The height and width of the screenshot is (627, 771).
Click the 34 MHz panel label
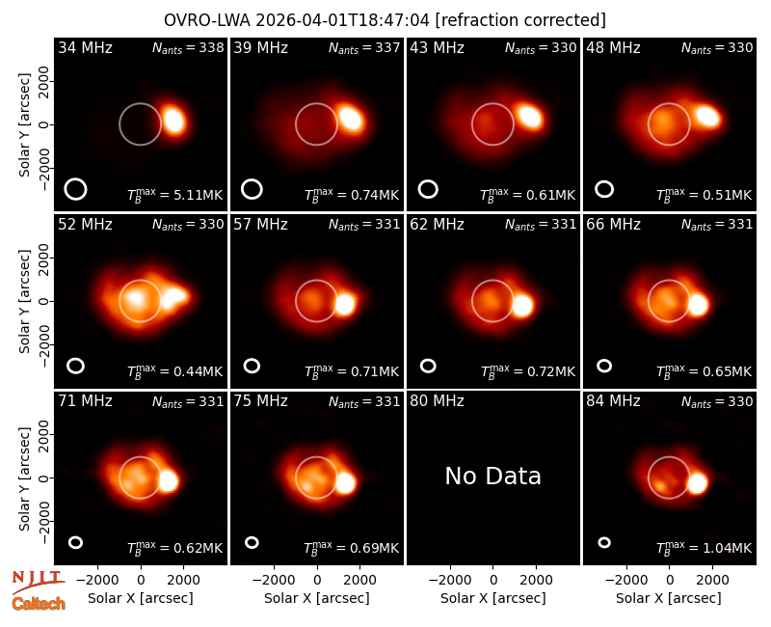click(85, 47)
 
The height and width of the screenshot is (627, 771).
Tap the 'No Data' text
click(492, 476)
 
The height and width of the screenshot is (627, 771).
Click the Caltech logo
click(39, 604)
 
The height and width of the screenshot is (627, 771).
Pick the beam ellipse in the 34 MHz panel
click(75, 189)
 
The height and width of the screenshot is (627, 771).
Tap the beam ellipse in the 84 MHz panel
click(604, 542)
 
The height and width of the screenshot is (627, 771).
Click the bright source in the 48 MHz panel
click(707, 116)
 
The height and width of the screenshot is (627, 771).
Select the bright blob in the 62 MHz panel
click(521, 305)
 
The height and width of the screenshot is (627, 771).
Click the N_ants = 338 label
click(188, 47)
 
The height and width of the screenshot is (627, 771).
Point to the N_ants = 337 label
click(364, 47)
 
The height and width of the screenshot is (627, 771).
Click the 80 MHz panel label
click(437, 401)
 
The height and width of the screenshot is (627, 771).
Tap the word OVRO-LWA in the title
click(207, 20)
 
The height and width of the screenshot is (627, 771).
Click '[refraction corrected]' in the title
click(520, 20)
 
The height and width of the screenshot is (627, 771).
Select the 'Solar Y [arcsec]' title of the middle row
click(24, 301)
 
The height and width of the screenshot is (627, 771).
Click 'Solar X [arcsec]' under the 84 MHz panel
click(669, 598)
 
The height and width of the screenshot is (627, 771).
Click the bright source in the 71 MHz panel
click(168, 480)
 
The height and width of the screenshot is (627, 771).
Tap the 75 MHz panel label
click(260, 401)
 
